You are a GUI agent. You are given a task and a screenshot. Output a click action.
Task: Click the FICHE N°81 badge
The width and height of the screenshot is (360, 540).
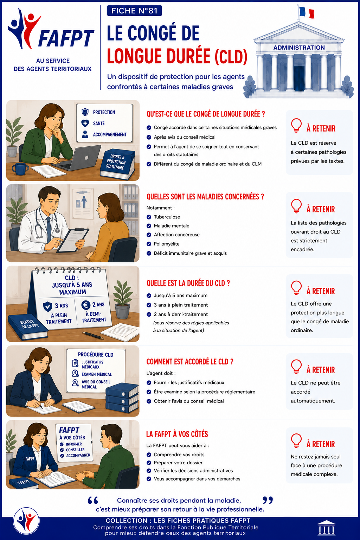tap(134, 11)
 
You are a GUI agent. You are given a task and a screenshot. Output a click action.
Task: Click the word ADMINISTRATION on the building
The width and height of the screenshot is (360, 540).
tap(299, 47)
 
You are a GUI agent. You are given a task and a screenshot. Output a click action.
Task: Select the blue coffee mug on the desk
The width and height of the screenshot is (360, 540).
tap(20, 169)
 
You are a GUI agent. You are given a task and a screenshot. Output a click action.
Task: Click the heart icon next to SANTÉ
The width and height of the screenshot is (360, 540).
tap(85, 123)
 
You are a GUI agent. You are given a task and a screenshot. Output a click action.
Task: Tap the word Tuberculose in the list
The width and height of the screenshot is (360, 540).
tap(167, 217)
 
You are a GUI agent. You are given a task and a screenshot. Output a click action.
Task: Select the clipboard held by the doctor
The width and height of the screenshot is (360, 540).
tap(72, 240)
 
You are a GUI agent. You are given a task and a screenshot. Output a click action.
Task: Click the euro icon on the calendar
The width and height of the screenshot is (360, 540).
tap(85, 305)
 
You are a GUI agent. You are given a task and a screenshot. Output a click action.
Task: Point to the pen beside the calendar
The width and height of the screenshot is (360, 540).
tap(93, 335)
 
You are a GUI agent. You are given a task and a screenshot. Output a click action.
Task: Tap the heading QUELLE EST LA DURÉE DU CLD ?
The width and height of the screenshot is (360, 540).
tap(188, 283)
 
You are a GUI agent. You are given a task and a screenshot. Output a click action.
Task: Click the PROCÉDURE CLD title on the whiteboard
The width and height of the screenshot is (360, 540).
tap(95, 355)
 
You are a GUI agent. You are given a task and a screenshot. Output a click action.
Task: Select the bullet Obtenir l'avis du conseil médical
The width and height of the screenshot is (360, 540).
tap(189, 401)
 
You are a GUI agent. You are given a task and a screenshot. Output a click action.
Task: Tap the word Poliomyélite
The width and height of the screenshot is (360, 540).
tap(167, 244)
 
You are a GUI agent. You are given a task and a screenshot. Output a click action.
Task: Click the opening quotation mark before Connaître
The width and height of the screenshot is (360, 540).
tap(93, 500)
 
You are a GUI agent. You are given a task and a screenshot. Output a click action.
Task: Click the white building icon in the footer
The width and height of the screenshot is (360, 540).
tap(327, 527)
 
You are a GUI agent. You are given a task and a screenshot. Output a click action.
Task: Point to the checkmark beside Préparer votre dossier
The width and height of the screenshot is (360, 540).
tap(149, 463)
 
